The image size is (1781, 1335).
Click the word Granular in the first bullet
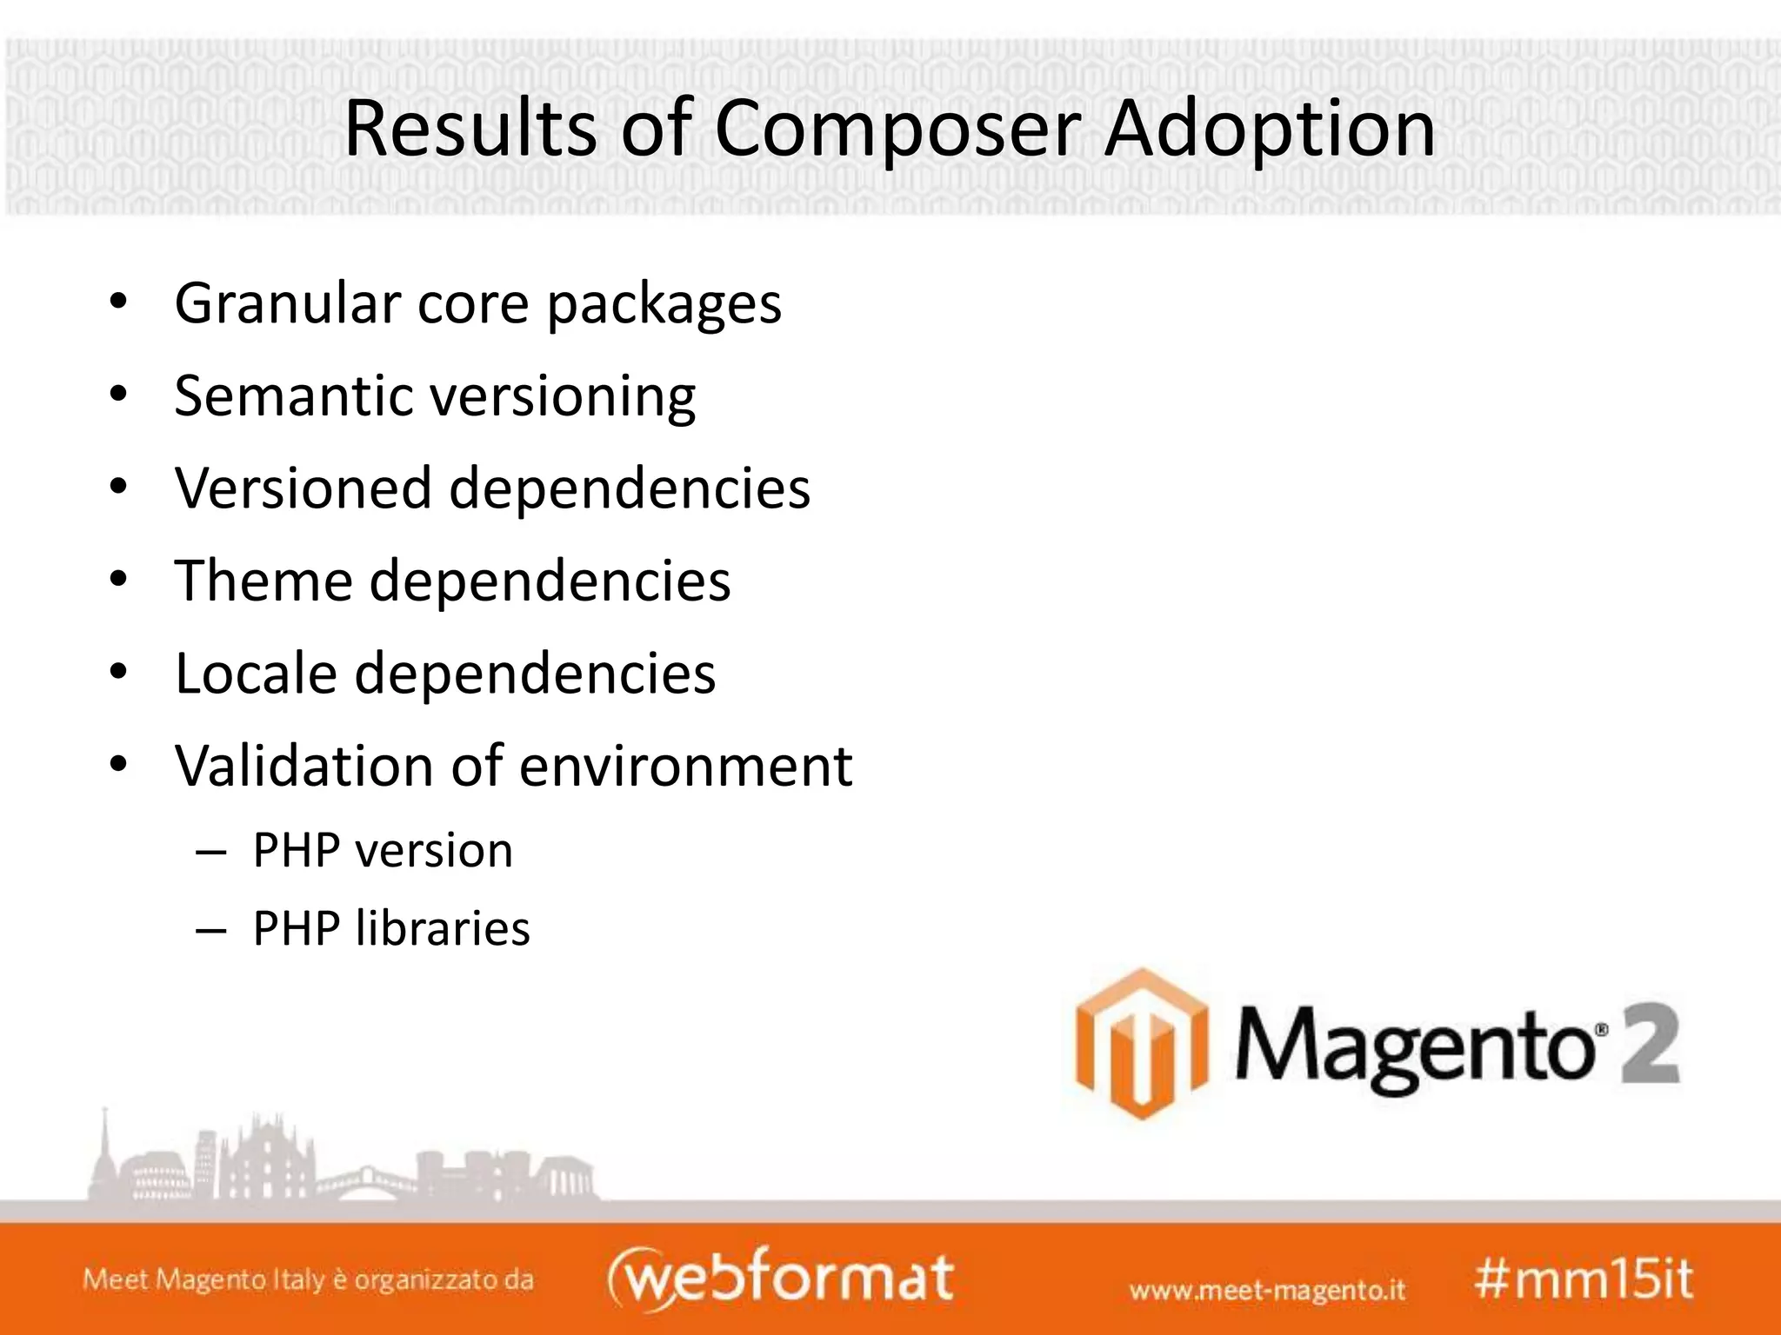point(286,303)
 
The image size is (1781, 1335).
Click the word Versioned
point(303,488)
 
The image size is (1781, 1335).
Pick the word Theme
point(263,580)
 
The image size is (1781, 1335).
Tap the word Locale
point(256,673)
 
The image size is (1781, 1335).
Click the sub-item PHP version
point(383,851)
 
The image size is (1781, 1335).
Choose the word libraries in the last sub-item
point(443,928)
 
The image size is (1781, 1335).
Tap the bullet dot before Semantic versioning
point(119,395)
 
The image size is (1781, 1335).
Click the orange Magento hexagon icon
point(1141,1043)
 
